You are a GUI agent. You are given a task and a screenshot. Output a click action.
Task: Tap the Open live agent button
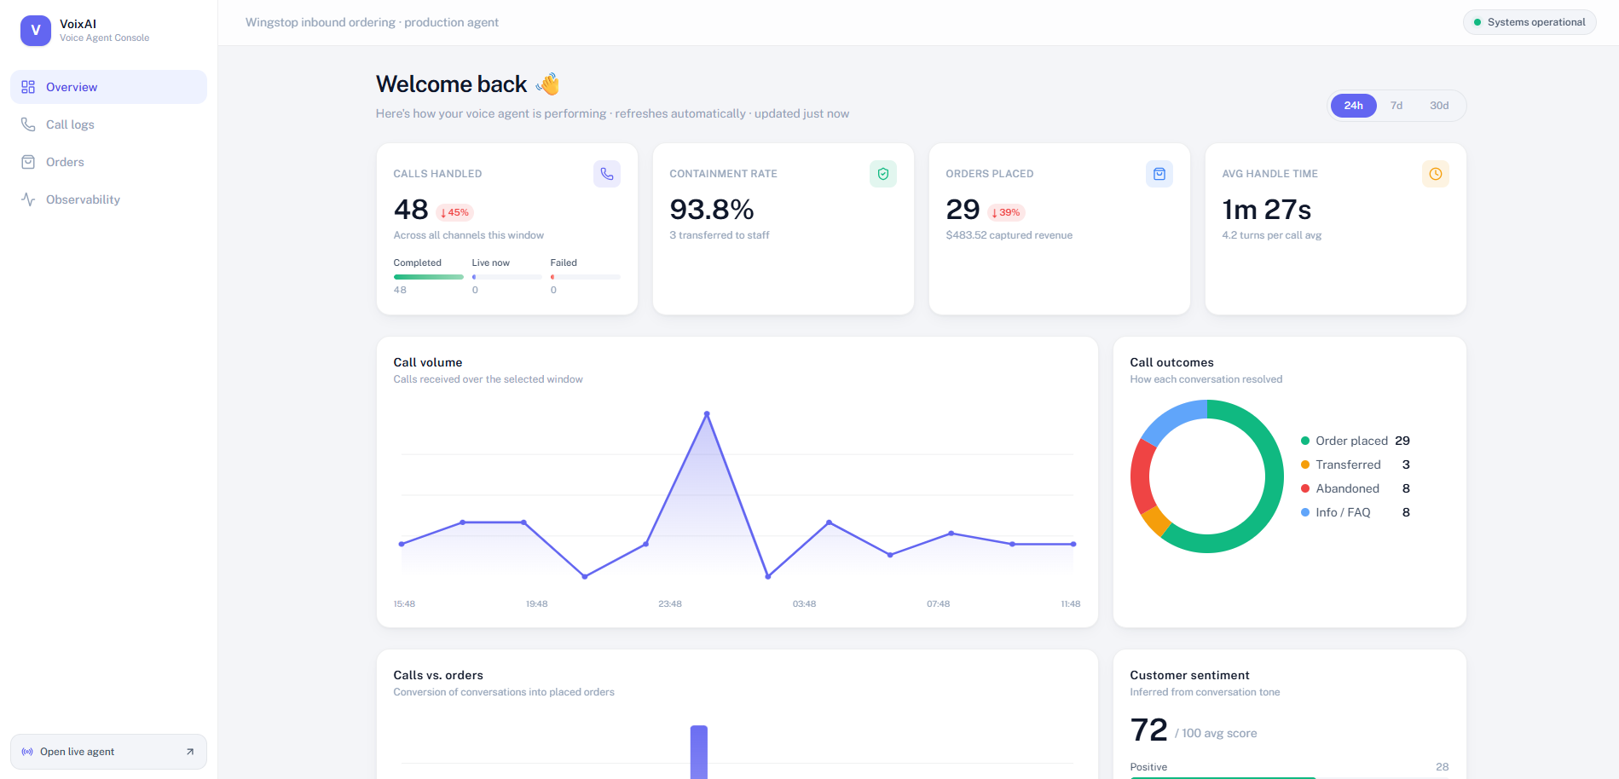(x=108, y=752)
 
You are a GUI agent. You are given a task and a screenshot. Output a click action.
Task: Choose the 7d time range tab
(x=1396, y=106)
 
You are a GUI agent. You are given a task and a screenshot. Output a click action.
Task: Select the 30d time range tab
(x=1439, y=106)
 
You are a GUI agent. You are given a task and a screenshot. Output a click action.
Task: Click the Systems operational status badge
(x=1529, y=22)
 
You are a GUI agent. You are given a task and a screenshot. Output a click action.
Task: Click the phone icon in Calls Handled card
(x=607, y=174)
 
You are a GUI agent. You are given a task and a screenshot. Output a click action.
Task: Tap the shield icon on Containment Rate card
(x=883, y=174)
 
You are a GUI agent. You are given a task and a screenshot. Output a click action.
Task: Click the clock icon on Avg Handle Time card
(x=1436, y=174)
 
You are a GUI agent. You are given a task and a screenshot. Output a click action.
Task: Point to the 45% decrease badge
(x=454, y=213)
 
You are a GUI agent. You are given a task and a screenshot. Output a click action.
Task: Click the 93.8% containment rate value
(x=712, y=210)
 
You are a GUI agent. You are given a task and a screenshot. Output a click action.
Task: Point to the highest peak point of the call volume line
(x=707, y=414)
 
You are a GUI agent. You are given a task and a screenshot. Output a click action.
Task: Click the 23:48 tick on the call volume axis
(x=670, y=604)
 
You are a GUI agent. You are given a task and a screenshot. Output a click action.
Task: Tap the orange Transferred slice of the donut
(x=1155, y=520)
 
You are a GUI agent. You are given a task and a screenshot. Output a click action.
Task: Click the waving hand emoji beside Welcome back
(x=548, y=84)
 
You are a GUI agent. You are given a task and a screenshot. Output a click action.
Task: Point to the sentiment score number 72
(x=1148, y=730)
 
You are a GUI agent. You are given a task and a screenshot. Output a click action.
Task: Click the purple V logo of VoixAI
(x=36, y=31)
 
